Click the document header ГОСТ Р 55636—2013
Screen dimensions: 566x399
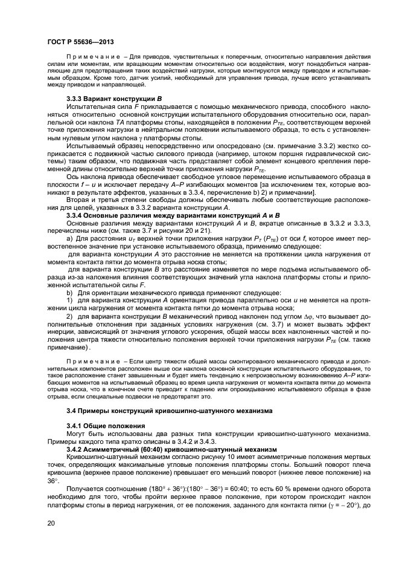click(x=81, y=42)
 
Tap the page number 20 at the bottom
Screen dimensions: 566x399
click(x=49, y=525)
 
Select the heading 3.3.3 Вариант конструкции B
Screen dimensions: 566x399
click(x=111, y=98)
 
